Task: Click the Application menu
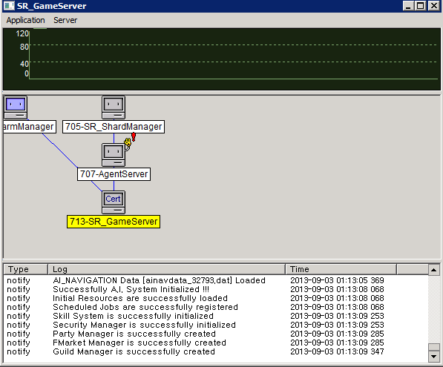tap(26, 20)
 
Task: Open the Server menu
tap(65, 20)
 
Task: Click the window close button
tap(433, 6)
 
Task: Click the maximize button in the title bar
tap(421, 6)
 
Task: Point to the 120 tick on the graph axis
tap(22, 33)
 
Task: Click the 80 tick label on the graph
tap(24, 47)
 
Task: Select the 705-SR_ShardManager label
tap(114, 127)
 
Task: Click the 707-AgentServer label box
tap(114, 174)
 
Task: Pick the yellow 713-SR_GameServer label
tap(114, 222)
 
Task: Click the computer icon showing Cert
tap(114, 202)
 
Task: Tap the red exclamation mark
tap(134, 137)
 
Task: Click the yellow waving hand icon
tap(128, 143)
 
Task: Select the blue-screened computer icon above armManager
tap(16, 108)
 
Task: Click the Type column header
tap(25, 269)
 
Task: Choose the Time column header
tap(341, 269)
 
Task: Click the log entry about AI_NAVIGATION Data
tap(159, 280)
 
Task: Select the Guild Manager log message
tap(134, 351)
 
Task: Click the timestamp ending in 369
tap(337, 280)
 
